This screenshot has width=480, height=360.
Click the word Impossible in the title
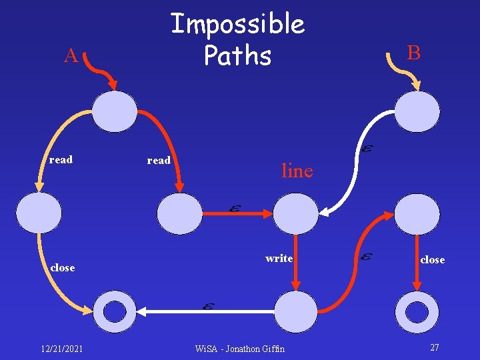click(237, 25)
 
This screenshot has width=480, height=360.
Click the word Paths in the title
click(237, 56)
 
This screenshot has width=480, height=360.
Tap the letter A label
click(71, 56)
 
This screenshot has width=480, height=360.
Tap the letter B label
click(414, 53)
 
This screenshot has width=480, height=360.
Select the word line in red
click(297, 171)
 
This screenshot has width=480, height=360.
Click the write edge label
click(279, 258)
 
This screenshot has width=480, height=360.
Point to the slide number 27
click(434, 347)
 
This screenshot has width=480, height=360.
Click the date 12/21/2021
click(61, 348)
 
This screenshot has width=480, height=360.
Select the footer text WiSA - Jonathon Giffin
click(239, 348)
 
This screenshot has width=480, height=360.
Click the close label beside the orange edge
click(63, 267)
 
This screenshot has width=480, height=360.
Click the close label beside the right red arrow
click(432, 259)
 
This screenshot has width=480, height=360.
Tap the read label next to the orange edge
click(61, 159)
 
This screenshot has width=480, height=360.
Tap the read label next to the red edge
click(159, 160)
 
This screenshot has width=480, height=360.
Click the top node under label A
click(114, 111)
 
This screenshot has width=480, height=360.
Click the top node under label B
click(417, 111)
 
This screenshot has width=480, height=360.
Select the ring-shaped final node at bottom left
click(115, 311)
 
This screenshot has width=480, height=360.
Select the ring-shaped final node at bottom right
click(417, 311)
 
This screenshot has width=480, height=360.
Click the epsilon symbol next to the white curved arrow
click(367, 149)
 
